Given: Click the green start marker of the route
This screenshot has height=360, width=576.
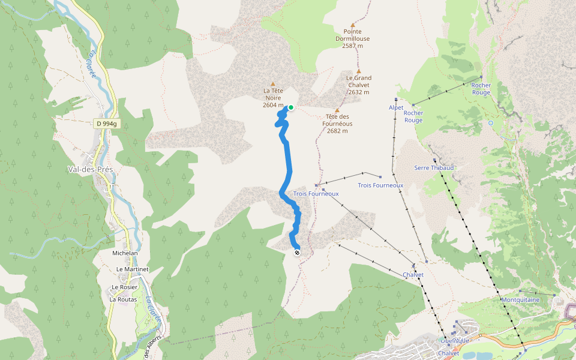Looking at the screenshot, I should pyautogui.click(x=291, y=107).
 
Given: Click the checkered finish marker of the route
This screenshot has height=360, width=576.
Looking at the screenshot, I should pyautogui.click(x=297, y=253).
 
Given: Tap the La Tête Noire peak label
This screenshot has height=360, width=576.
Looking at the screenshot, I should pyautogui.click(x=272, y=98).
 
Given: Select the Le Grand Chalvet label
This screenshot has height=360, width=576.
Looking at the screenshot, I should pyautogui.click(x=358, y=85).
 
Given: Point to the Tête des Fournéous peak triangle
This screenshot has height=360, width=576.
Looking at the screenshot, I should pyautogui.click(x=337, y=110).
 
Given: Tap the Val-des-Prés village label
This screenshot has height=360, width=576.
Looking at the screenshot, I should pyautogui.click(x=91, y=169).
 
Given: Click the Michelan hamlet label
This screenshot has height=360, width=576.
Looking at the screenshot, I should pyautogui.click(x=125, y=253).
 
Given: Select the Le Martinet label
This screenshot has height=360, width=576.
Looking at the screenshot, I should pyautogui.click(x=132, y=269).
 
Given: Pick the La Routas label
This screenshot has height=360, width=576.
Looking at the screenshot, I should pyautogui.click(x=123, y=299).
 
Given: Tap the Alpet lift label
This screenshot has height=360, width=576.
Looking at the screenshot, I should pyautogui.click(x=396, y=108).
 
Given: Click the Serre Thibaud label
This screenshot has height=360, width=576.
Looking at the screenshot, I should pyautogui.click(x=434, y=168).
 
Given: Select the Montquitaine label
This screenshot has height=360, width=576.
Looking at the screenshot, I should pyautogui.click(x=520, y=299).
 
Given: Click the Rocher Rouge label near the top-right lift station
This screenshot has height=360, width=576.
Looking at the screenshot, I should pyautogui.click(x=481, y=89).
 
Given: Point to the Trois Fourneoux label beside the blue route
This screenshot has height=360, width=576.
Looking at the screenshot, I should pyautogui.click(x=316, y=194).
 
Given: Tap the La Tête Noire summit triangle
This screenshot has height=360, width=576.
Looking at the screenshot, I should pyautogui.click(x=273, y=84).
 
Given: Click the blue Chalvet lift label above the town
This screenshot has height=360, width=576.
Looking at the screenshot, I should pyautogui.click(x=414, y=275).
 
